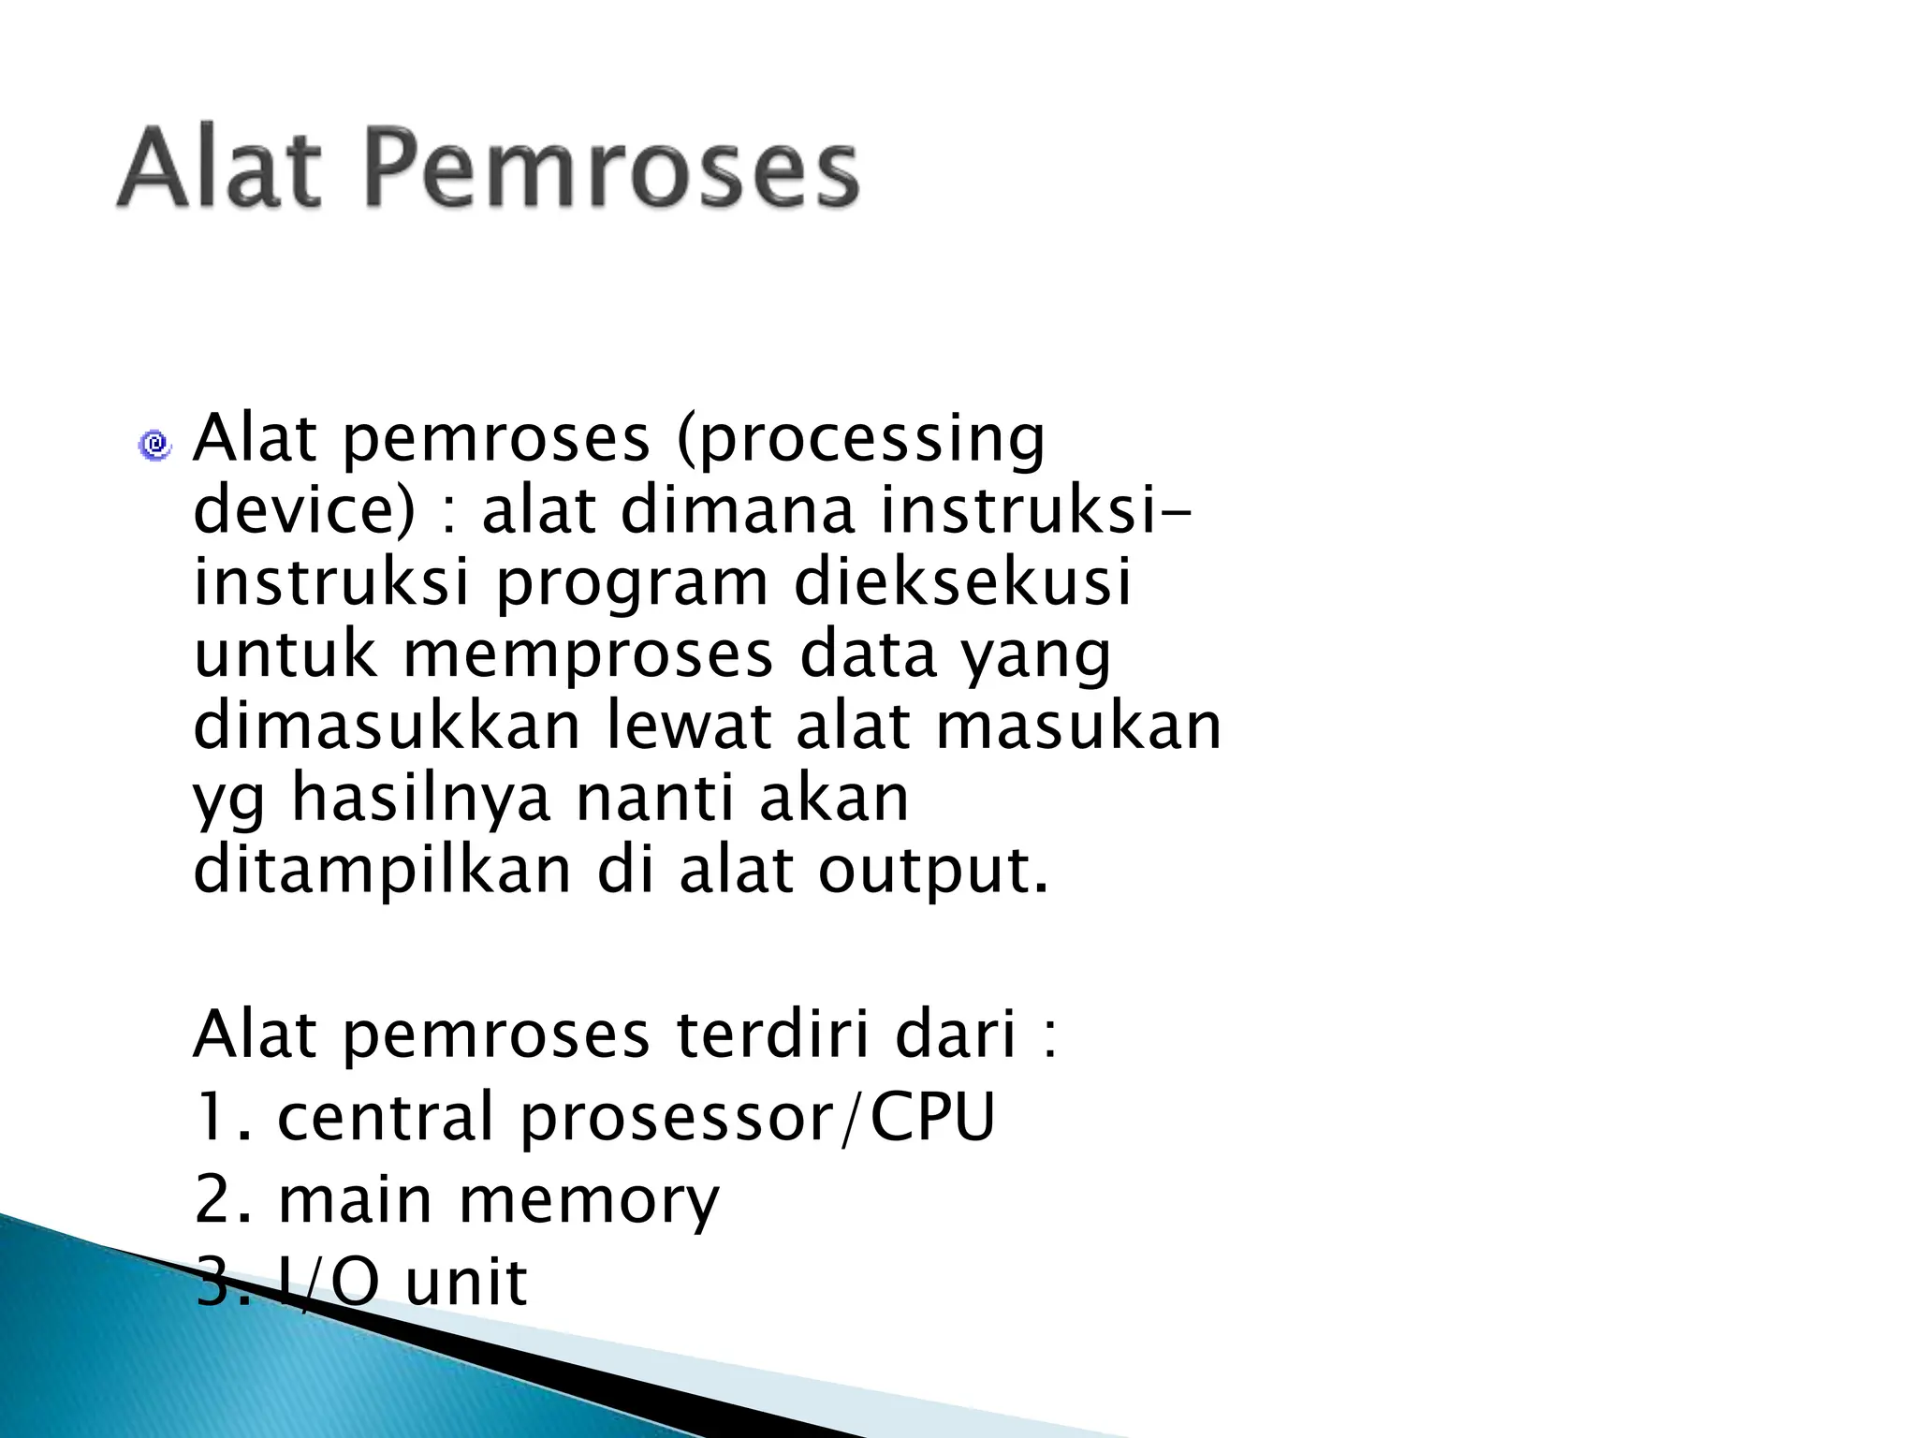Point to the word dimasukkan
(x=387, y=726)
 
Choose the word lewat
(x=690, y=726)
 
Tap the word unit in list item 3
(x=467, y=1282)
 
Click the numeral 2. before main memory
(x=223, y=1200)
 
